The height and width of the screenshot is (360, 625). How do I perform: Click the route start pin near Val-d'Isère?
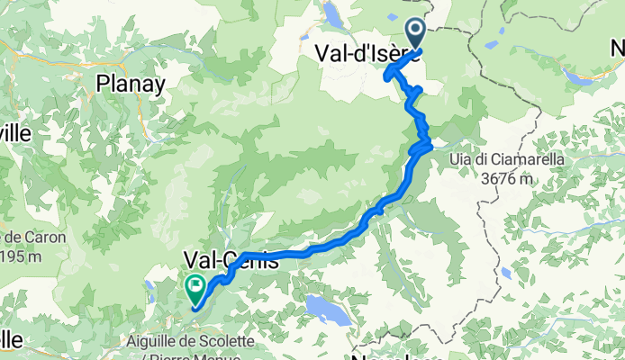click(x=416, y=33)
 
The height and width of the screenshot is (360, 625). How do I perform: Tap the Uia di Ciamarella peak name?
click(x=508, y=159)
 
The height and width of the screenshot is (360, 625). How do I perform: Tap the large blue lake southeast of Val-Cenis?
click(x=324, y=309)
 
